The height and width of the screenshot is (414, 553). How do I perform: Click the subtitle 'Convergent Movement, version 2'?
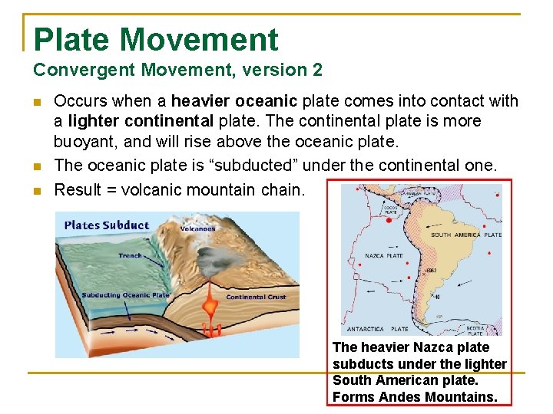click(177, 71)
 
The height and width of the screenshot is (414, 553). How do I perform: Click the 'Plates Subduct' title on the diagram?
click(107, 225)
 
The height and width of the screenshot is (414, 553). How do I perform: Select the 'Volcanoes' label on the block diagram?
click(198, 228)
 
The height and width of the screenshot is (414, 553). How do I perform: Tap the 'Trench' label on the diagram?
click(130, 255)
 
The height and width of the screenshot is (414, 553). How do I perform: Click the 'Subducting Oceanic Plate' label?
click(125, 295)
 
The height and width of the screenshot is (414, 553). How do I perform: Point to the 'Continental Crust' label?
click(256, 297)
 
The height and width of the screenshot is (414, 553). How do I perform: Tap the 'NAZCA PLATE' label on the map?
click(383, 255)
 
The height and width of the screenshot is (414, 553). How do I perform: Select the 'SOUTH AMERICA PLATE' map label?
click(466, 235)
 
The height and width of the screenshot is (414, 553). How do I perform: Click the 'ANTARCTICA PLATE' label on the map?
click(376, 329)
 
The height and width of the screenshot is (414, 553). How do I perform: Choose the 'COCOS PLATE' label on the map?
click(390, 209)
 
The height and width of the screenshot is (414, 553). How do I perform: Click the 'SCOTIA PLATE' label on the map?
click(475, 330)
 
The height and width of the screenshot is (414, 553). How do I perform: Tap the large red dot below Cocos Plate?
click(389, 220)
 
